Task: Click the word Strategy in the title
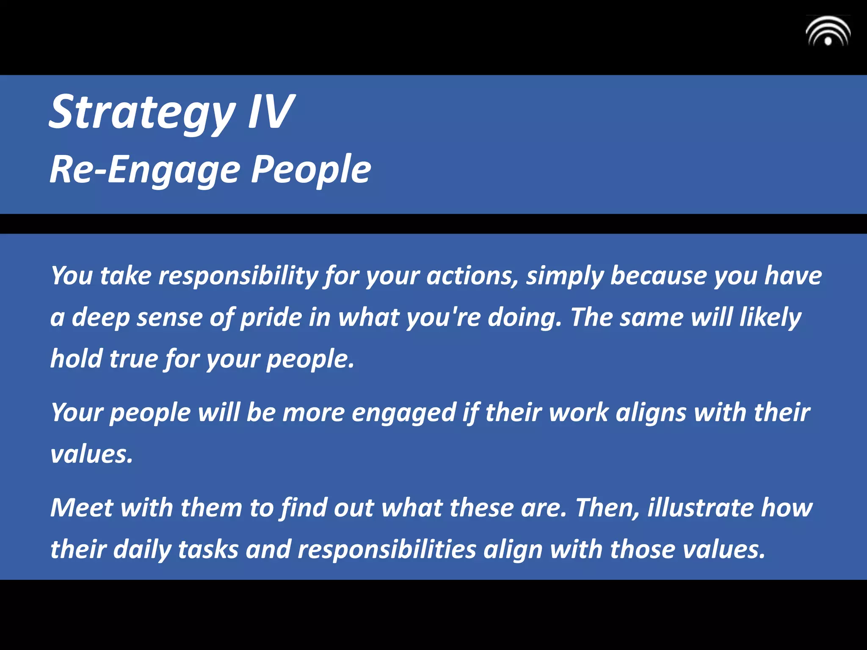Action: [142, 113]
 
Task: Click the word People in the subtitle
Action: [311, 169]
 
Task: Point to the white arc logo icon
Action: [828, 32]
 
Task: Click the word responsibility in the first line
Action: [238, 276]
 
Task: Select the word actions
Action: [472, 276]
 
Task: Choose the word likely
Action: [770, 317]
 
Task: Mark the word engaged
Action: [403, 413]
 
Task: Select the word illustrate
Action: [700, 507]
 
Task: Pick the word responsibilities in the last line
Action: [387, 550]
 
